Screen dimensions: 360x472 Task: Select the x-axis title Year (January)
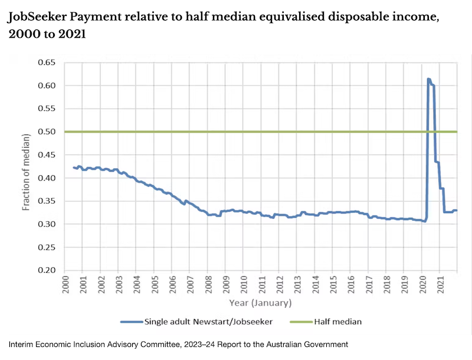coord(260,303)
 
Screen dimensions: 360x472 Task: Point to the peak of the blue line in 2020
coord(428,79)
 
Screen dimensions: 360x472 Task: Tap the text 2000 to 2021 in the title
coord(48,34)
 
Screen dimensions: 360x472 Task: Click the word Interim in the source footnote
coord(22,344)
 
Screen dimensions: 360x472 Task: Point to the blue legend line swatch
coord(131,322)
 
